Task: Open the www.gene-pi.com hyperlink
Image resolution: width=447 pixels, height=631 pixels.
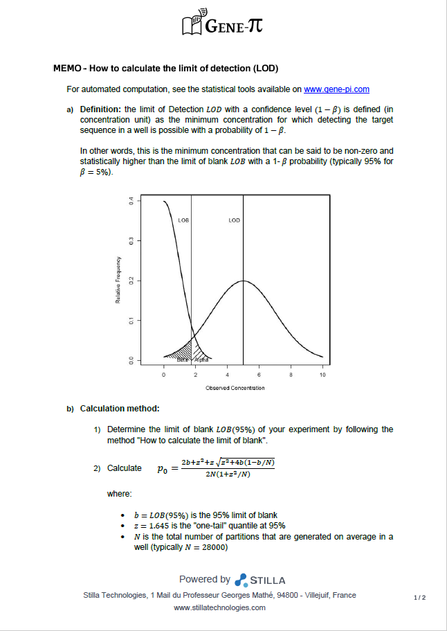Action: (336, 89)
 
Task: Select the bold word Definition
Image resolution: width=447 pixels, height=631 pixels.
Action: (100, 109)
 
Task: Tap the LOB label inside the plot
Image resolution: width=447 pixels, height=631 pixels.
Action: (183, 220)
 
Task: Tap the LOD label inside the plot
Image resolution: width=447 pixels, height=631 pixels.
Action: (234, 220)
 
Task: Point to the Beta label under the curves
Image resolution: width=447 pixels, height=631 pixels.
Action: (183, 360)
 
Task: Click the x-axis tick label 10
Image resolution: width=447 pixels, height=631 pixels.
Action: (322, 375)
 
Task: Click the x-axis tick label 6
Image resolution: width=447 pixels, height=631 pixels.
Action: (259, 375)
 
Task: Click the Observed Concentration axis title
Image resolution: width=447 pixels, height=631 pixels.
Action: (235, 388)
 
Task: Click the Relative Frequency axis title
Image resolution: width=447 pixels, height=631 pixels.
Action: (118, 280)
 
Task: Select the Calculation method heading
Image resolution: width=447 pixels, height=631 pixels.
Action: (120, 409)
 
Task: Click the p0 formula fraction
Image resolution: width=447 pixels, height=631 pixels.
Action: (228, 468)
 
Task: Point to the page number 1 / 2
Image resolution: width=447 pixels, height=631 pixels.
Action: (419, 596)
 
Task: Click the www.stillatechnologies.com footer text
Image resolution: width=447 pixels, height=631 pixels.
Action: (220, 607)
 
